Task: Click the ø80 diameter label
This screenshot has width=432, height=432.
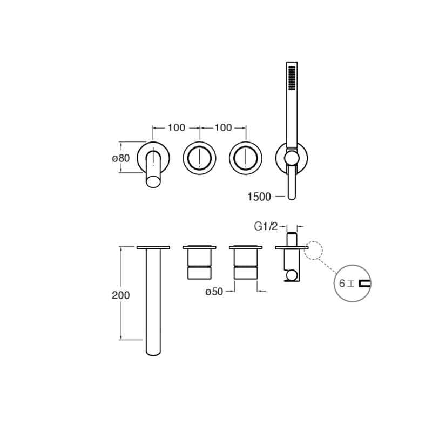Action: pos(121,158)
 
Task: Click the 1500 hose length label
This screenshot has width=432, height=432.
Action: pos(259,197)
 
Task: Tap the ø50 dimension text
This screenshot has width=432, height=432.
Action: pos(214,292)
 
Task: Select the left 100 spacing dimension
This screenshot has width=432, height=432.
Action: pos(176,128)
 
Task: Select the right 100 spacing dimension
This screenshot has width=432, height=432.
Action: pos(222,128)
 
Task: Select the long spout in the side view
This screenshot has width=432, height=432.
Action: pos(153,302)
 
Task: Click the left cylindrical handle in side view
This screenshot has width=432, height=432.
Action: pos(199,265)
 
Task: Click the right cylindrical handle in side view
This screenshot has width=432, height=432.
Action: pos(246,265)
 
